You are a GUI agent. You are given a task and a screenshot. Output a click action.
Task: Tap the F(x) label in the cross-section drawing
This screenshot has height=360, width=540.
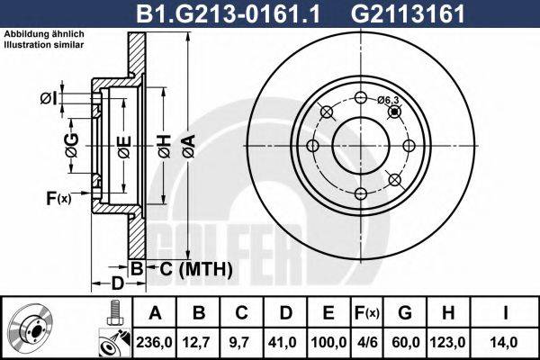[x=58, y=197]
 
